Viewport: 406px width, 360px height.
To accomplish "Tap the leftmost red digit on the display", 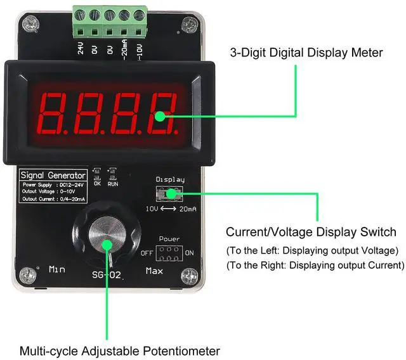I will [55, 110].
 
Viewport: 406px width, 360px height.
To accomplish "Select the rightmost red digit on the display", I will [161, 110].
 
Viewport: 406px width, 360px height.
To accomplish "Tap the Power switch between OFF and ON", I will [169, 253].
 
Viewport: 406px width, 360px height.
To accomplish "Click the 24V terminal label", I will [81, 49].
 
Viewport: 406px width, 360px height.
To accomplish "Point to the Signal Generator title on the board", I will [53, 175].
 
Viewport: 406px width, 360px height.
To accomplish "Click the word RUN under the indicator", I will [113, 184].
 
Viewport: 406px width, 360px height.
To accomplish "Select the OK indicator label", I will [97, 184].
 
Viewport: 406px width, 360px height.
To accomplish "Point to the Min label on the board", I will [57, 269].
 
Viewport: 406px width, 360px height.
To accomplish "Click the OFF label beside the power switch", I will [147, 253].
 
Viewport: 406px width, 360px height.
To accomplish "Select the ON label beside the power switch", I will [190, 253].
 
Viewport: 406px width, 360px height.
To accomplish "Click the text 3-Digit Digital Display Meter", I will [306, 53].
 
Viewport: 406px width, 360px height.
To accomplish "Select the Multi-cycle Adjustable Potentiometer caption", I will [119, 350].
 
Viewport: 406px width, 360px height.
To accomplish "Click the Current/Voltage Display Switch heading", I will [311, 232].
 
